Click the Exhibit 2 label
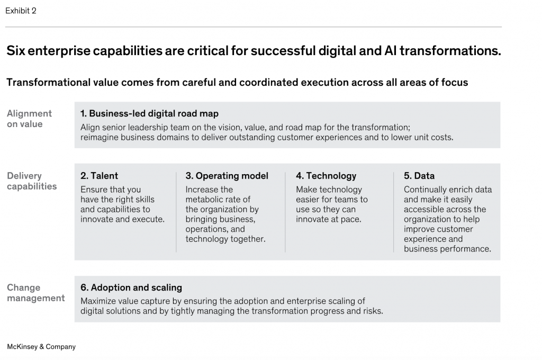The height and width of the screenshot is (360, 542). click(x=21, y=11)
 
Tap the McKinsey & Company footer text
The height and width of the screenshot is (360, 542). click(x=41, y=347)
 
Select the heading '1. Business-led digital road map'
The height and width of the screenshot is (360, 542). click(x=149, y=113)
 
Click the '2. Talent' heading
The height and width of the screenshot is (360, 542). click(x=99, y=176)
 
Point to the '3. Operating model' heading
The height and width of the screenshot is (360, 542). click(x=227, y=176)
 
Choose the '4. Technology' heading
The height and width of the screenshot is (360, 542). click(x=326, y=176)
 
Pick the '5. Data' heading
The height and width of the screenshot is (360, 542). click(x=419, y=176)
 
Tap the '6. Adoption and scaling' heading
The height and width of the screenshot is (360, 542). click(x=131, y=287)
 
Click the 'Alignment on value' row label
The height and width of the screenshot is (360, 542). click(x=30, y=119)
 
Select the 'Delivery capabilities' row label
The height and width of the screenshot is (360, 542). click(x=32, y=181)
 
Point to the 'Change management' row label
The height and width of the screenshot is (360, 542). click(x=36, y=293)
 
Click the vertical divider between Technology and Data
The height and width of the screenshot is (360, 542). click(x=393, y=212)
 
